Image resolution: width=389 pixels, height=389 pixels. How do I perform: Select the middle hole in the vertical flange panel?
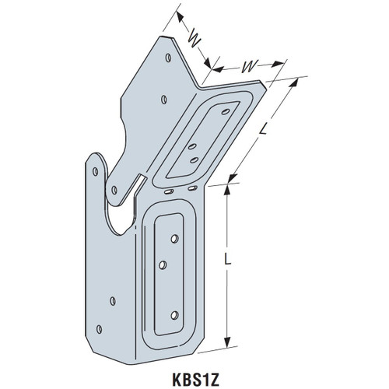[x=163, y=265]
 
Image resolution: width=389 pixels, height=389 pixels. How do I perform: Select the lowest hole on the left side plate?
[x=114, y=300]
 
